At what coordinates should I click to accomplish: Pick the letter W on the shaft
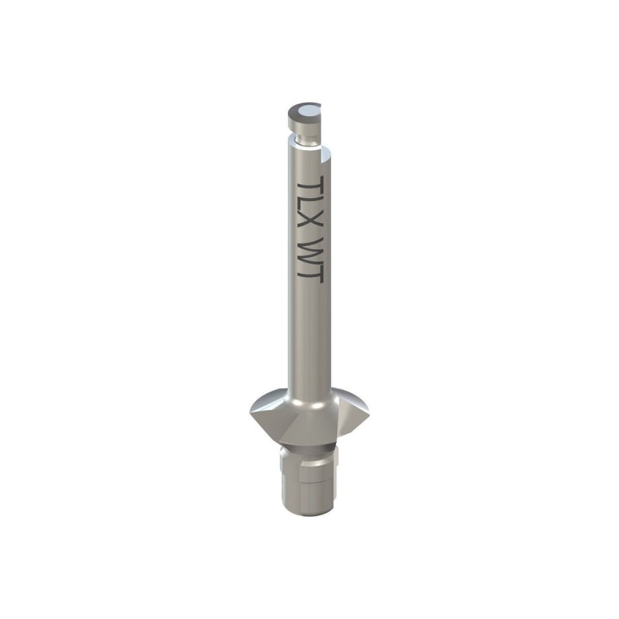click(310, 251)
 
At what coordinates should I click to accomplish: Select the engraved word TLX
click(310, 205)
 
